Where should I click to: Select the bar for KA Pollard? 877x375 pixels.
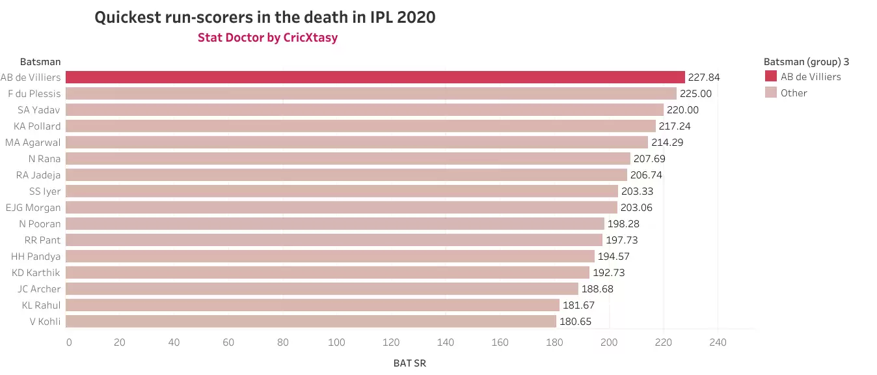(x=360, y=126)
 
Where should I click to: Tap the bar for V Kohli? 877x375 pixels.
(x=311, y=321)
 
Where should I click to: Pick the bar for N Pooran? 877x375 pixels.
(x=335, y=223)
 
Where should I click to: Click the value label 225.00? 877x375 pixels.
(x=695, y=94)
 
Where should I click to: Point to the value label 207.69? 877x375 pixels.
(x=649, y=159)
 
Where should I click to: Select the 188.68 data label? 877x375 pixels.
(x=597, y=289)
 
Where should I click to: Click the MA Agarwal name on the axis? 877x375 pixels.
(x=33, y=142)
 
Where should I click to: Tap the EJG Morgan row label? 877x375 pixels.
(x=33, y=208)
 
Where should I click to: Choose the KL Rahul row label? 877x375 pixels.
(x=42, y=305)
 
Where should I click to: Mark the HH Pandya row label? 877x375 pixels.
(x=36, y=257)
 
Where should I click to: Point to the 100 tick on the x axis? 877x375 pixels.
(x=336, y=342)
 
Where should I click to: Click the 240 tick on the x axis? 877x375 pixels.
(x=718, y=342)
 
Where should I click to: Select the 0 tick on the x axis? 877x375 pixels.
(x=69, y=342)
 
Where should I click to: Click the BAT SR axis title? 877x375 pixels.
(x=410, y=363)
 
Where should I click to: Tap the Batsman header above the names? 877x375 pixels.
(x=40, y=62)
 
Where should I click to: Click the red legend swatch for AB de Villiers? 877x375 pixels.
(x=770, y=77)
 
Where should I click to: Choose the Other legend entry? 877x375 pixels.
(x=794, y=93)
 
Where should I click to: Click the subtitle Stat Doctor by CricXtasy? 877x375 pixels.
(x=267, y=38)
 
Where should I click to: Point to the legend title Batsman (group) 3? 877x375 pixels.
(x=806, y=62)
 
